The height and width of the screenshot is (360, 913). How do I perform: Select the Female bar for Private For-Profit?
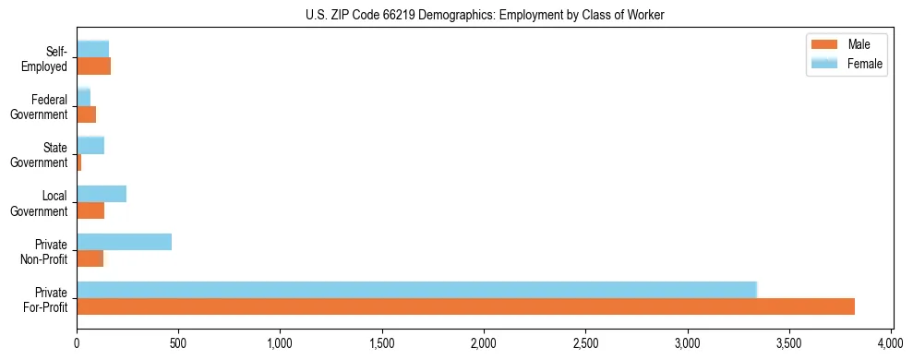(416, 290)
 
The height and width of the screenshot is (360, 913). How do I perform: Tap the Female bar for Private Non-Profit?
(124, 242)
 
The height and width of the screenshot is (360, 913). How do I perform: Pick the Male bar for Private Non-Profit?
(90, 258)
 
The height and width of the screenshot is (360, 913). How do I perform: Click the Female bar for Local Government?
(102, 194)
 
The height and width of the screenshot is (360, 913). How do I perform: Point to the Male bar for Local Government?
(90, 210)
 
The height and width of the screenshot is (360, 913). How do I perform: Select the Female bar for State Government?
(90, 145)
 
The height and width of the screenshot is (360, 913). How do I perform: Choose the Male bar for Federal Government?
(87, 114)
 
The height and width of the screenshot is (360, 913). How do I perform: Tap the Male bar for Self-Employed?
(93, 66)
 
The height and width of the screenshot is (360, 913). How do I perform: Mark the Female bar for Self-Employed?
(92, 49)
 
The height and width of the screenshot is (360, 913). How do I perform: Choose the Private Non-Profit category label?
(45, 251)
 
